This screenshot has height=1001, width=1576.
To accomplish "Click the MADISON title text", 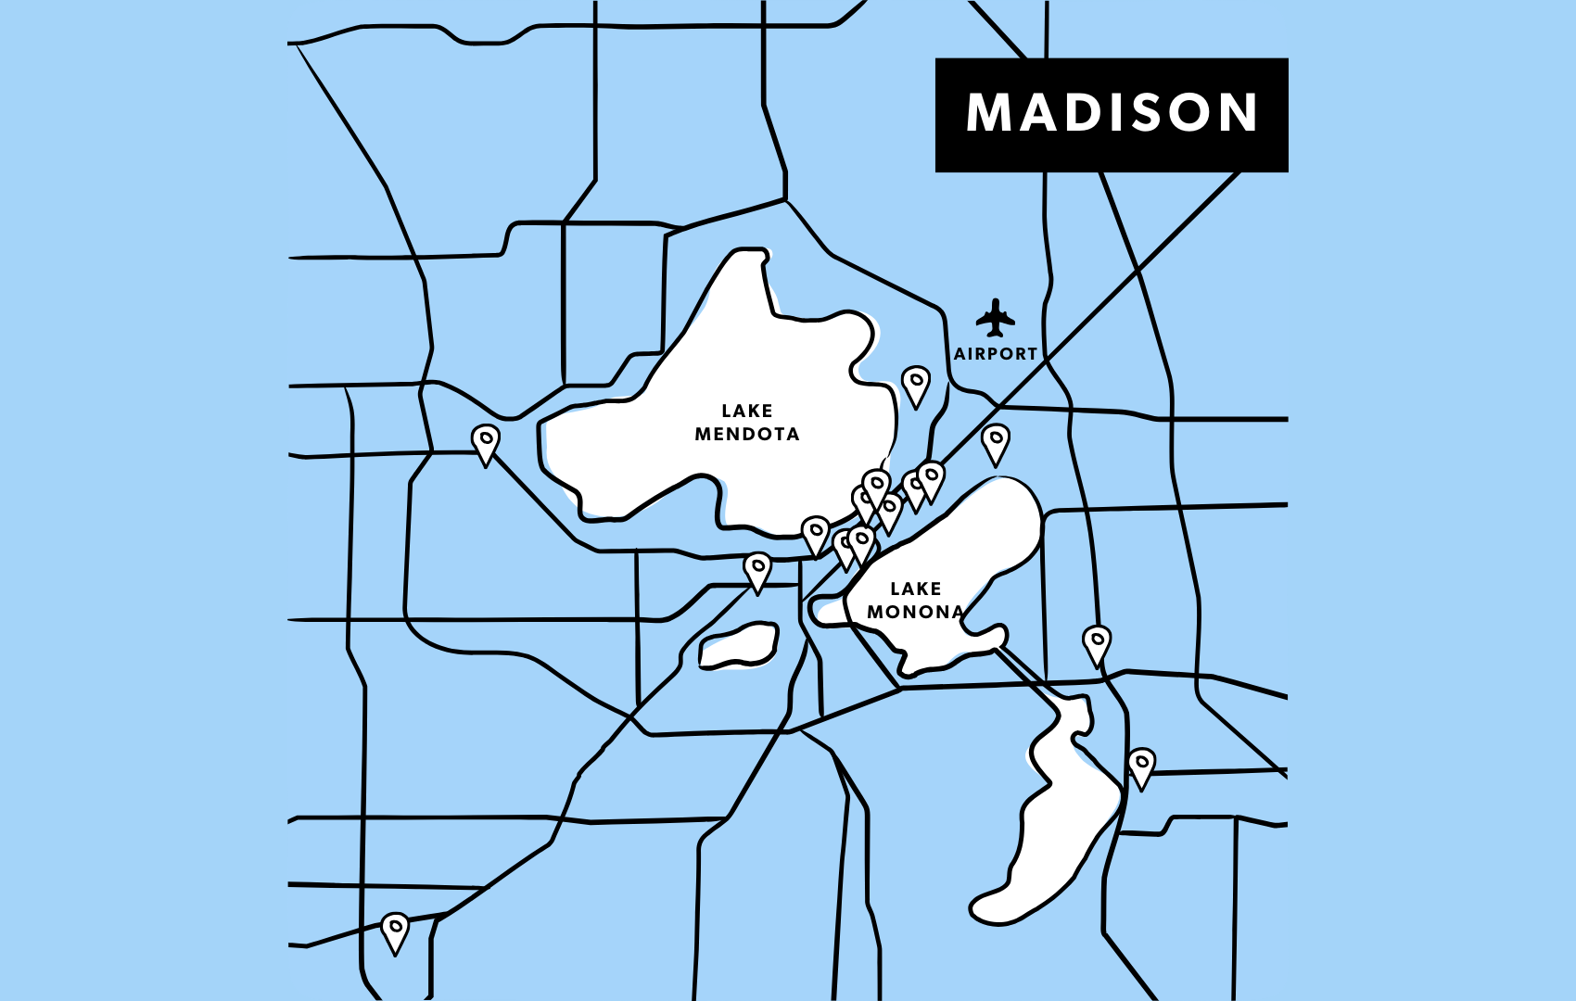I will (x=1111, y=113).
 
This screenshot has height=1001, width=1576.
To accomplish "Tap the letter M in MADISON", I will (x=987, y=113).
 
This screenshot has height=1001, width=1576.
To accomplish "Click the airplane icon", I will (x=995, y=318).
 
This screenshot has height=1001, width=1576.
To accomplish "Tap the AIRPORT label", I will (x=996, y=354).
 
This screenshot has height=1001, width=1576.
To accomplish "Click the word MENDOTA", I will (x=747, y=434).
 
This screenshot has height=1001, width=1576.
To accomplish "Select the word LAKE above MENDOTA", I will (x=747, y=411).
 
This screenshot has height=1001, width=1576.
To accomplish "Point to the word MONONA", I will (x=915, y=612).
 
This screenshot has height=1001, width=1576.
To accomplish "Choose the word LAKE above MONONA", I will (x=916, y=589).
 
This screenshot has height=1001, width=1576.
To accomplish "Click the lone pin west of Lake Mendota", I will (x=485, y=442).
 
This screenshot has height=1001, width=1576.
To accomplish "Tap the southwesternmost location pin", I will (x=395, y=930).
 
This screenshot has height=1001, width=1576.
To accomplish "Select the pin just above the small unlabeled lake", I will (x=757, y=570).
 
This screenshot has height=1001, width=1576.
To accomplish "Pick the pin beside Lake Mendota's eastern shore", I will (x=916, y=384).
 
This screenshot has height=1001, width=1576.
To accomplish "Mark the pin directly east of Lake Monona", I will (x=1097, y=642).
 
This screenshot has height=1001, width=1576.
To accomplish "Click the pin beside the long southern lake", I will (x=1141, y=766).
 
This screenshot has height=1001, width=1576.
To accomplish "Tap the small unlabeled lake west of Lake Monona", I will (x=739, y=646).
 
